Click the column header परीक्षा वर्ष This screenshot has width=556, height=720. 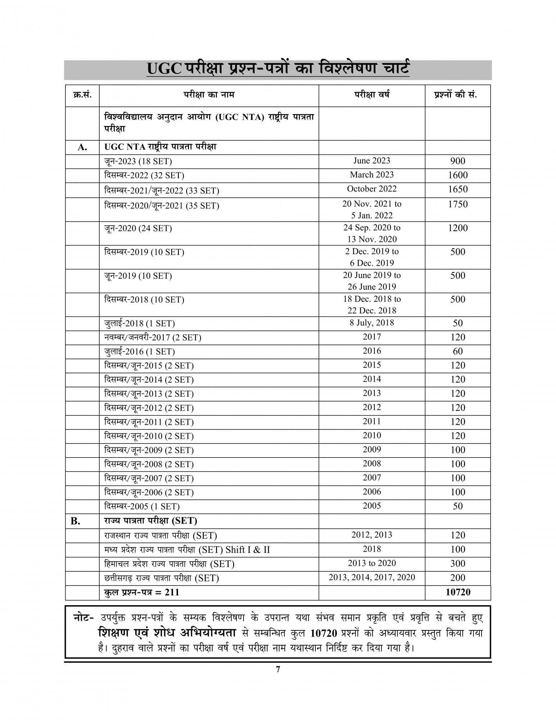click(x=372, y=95)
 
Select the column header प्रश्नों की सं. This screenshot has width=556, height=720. click(x=457, y=95)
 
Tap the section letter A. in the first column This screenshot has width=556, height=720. click(x=82, y=147)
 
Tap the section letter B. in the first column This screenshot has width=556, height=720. click(x=76, y=521)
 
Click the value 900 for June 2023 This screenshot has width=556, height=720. click(x=457, y=161)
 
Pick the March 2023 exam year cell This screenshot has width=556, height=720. click(x=372, y=175)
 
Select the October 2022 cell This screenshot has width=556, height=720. click(x=372, y=189)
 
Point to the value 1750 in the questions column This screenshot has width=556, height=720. click(x=457, y=204)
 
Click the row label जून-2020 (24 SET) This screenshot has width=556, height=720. click(x=138, y=228)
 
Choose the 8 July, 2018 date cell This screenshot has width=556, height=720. click(x=372, y=323)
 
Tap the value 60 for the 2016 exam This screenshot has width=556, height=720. click(x=457, y=351)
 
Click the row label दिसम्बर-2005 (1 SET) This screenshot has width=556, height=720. click(x=142, y=507)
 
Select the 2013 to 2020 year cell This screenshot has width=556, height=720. click(x=372, y=563)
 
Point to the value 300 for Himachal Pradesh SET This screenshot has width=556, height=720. click(x=457, y=563)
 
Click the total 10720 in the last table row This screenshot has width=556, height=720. click(x=457, y=592)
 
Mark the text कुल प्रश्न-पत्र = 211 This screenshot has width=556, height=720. click(x=142, y=592)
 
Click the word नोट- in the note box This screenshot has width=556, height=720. click(x=83, y=618)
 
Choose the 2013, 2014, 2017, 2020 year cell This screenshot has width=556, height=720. click(x=372, y=577)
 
